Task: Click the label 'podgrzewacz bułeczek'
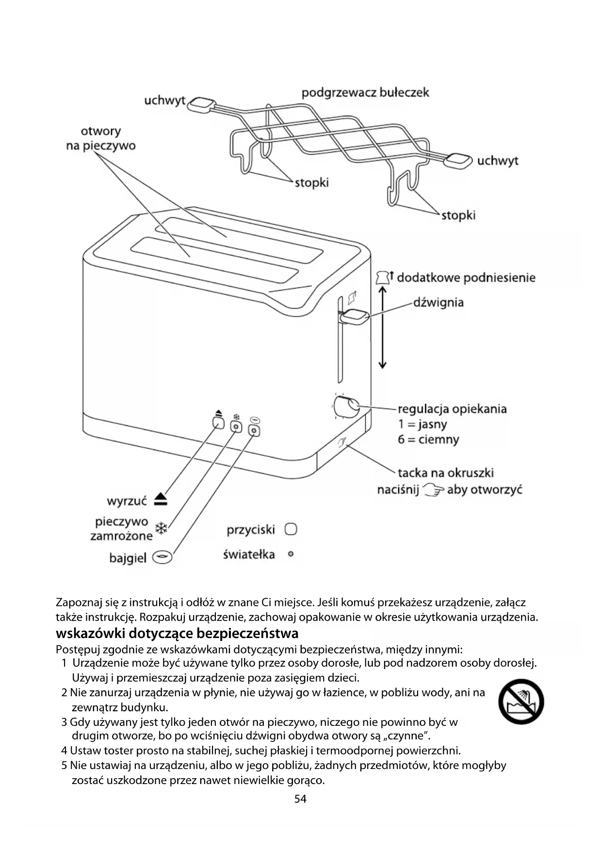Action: coord(365,92)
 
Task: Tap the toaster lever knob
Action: coord(355,317)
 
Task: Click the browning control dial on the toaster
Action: coord(346,407)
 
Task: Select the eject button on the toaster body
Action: coord(219,423)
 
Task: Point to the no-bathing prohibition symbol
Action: coord(521,702)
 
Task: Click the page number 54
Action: coord(300,799)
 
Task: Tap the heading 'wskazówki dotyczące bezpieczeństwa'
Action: coord(177,633)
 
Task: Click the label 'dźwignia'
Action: coord(438,302)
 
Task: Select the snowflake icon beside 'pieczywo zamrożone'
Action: coord(161,528)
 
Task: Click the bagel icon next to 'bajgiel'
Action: coord(162,557)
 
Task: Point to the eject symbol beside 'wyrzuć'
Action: coord(161,499)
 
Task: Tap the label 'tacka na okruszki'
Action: coord(445,473)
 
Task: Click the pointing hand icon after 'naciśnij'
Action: coord(433,490)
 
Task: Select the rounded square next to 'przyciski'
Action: coord(291,529)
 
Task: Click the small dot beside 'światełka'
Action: coord(291,554)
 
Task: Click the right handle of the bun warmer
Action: coord(458,160)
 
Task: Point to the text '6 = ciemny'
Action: coord(428,440)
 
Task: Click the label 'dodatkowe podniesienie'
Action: coord(466,278)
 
